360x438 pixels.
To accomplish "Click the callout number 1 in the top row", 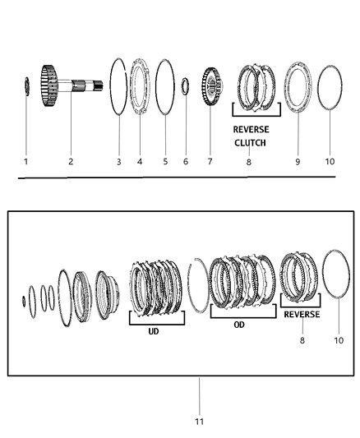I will [x=25, y=162].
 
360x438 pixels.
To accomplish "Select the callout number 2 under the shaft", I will [x=71, y=162].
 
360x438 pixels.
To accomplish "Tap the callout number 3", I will [x=118, y=162].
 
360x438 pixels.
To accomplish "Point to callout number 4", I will [x=140, y=162].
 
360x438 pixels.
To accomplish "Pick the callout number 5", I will [x=165, y=162].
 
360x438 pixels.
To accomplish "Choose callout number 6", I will [x=186, y=162].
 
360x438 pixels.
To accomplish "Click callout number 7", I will [x=210, y=162].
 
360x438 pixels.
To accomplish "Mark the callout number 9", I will [x=298, y=162].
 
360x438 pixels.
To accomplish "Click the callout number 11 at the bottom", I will [x=199, y=422].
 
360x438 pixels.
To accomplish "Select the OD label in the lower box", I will [x=239, y=325].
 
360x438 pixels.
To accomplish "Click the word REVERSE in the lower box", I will [x=302, y=315].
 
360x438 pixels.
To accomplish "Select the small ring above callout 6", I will [x=187, y=84].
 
